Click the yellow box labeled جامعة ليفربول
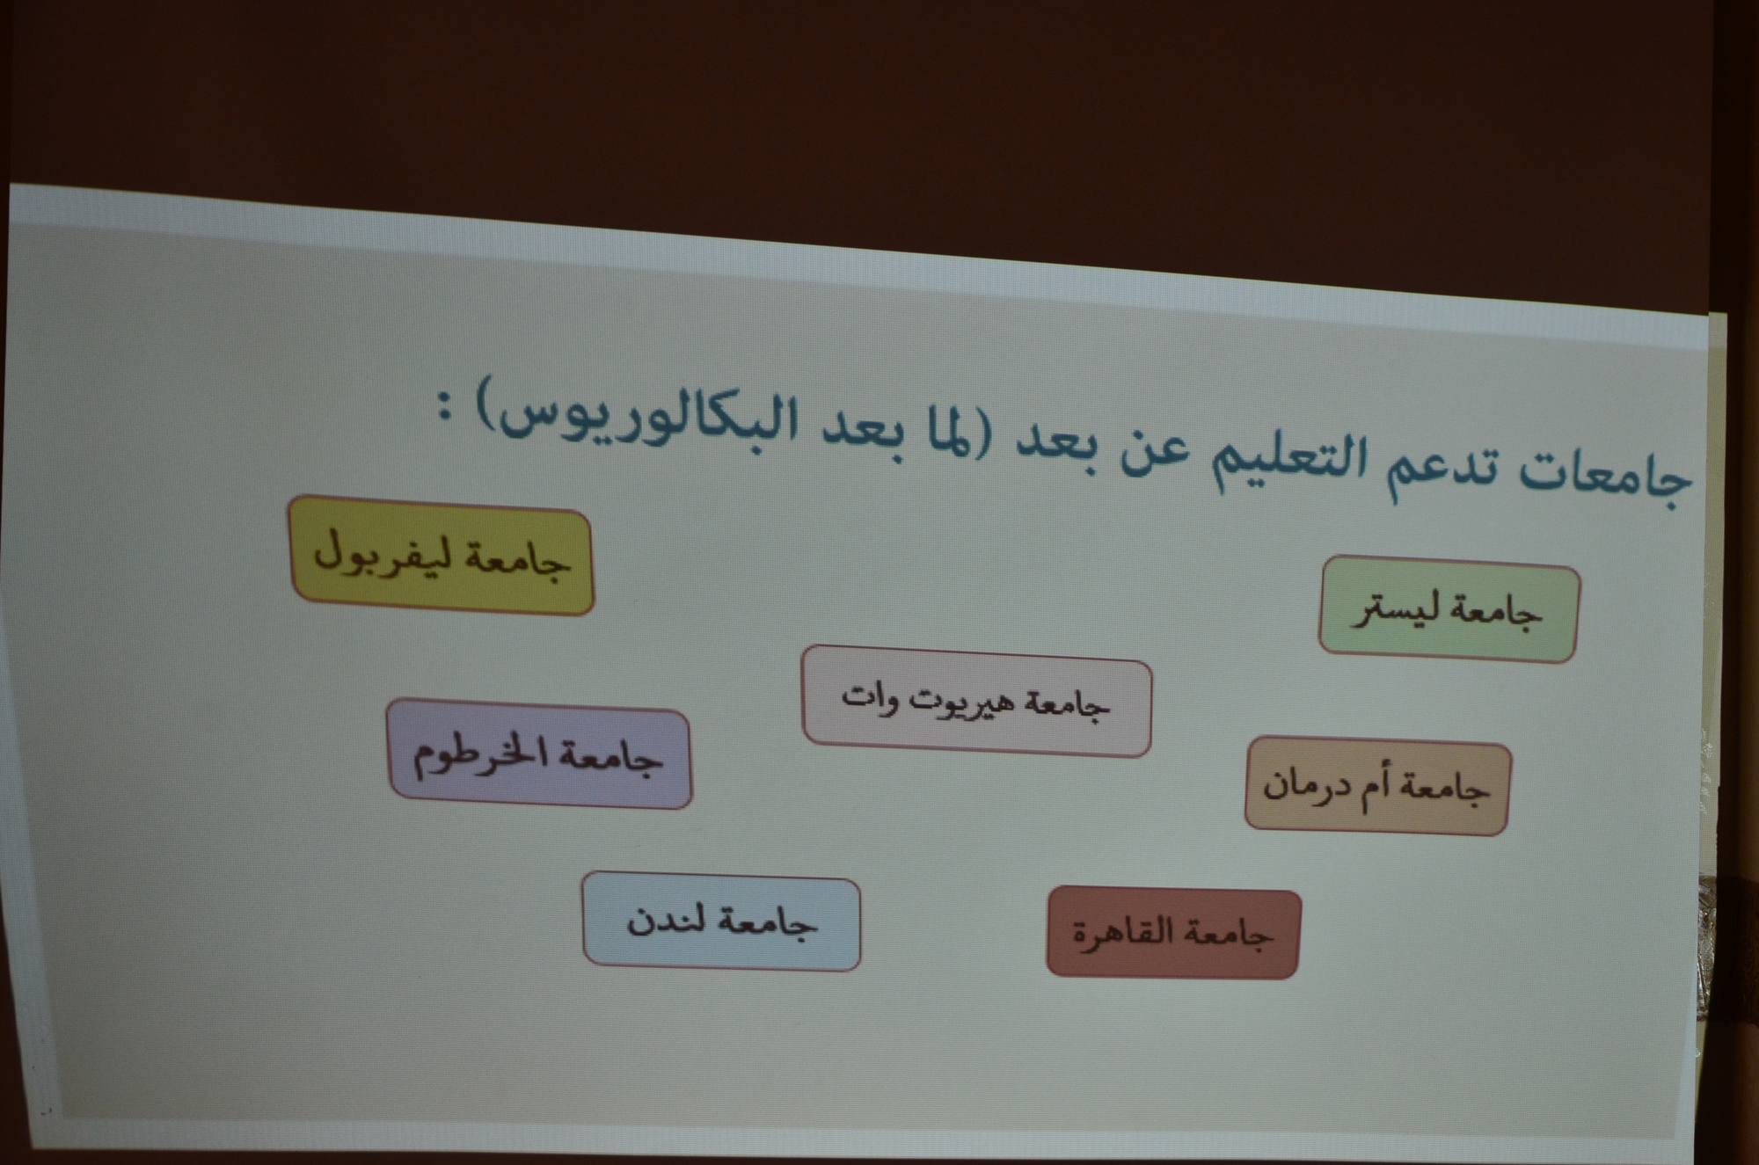coord(442,556)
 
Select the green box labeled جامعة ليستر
coord(1449,609)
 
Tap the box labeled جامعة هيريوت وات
coord(976,701)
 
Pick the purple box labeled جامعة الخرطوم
coord(539,754)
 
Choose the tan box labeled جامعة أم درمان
coord(1377,786)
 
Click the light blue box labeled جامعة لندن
coord(721,921)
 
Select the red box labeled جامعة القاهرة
coord(1173,932)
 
